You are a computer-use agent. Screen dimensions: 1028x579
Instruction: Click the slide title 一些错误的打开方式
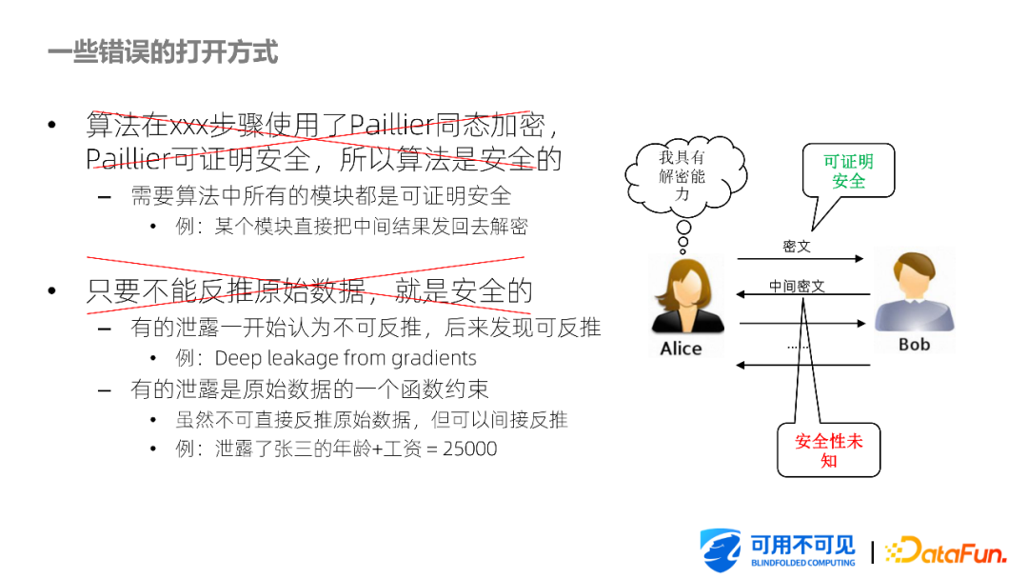[163, 52]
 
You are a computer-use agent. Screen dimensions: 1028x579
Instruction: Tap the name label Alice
[681, 349]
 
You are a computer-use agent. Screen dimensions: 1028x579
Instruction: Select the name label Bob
[914, 344]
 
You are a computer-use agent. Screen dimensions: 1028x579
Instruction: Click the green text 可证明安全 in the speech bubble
[848, 171]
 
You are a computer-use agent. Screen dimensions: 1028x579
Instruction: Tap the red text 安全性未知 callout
[829, 450]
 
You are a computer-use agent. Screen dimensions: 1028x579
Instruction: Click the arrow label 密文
[797, 247]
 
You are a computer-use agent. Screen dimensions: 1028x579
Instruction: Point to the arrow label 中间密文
[797, 286]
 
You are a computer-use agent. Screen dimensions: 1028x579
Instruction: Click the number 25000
[469, 449]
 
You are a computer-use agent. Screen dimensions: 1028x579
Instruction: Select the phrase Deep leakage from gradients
[346, 358]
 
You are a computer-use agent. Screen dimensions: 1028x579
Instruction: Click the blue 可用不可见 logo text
[803, 545]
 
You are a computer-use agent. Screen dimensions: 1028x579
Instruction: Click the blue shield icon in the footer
[720, 550]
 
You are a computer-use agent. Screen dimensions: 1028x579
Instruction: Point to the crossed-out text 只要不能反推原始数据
[227, 290]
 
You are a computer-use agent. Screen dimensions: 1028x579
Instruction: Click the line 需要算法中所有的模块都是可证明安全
[321, 196]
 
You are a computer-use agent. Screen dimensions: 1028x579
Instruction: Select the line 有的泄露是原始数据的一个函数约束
[309, 389]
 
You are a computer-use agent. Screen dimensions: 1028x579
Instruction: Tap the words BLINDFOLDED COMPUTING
[803, 563]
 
